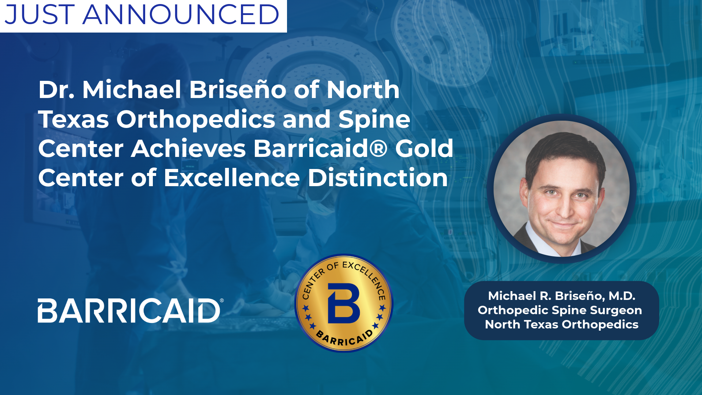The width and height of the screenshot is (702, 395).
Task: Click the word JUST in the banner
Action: click(x=40, y=15)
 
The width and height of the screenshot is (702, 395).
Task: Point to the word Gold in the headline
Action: click(x=424, y=148)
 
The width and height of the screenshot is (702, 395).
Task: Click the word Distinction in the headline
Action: click(x=378, y=178)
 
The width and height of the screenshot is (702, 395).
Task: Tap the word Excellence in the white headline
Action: click(x=232, y=178)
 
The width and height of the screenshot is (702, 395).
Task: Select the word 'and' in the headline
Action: click(x=306, y=119)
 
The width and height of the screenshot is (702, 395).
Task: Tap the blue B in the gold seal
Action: click(x=344, y=303)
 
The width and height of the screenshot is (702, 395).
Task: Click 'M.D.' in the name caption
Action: click(x=622, y=296)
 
